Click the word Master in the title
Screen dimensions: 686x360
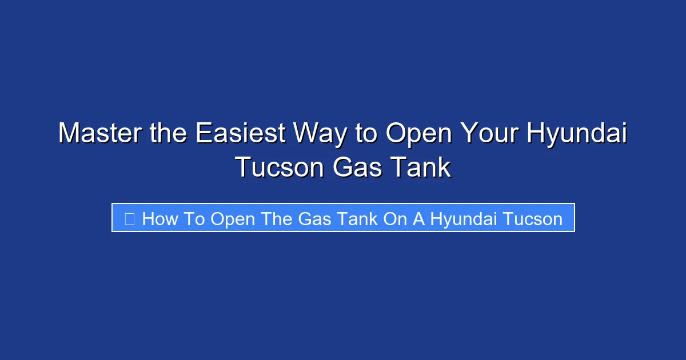[x=100, y=133]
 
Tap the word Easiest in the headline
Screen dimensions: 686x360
[x=241, y=133]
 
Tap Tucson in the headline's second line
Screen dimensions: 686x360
[x=280, y=167]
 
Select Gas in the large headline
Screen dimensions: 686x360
[x=357, y=167]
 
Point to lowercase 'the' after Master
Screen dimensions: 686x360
[x=168, y=133]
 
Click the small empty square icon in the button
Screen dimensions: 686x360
[x=130, y=219]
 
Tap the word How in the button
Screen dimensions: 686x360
[x=160, y=219]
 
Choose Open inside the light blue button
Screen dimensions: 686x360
[x=233, y=221]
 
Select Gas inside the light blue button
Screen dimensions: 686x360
[x=314, y=219]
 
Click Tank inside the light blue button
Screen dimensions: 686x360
[x=357, y=219]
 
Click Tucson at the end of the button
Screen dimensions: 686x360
[x=533, y=219]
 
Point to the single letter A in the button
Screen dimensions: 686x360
[x=418, y=219]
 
